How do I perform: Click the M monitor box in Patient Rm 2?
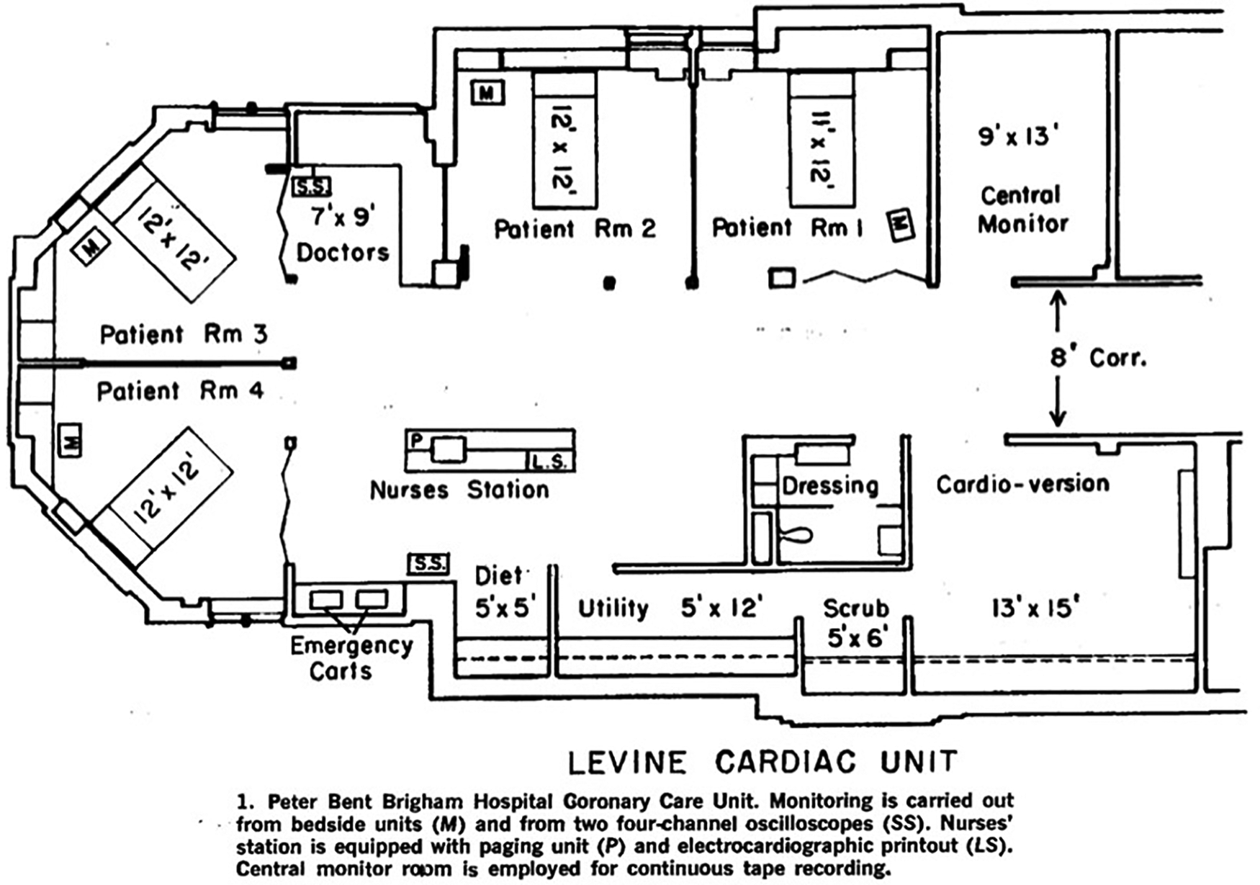click(x=487, y=93)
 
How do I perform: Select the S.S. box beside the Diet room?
click(x=429, y=564)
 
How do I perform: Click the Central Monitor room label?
click(x=1022, y=210)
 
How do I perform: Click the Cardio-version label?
click(x=1022, y=484)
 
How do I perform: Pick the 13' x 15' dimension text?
click(x=1035, y=608)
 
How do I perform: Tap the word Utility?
click(x=613, y=608)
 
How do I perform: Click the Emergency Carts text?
click(x=351, y=658)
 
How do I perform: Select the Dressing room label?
click(x=830, y=485)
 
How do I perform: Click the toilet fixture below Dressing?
click(x=796, y=535)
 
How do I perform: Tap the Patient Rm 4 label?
click(x=181, y=392)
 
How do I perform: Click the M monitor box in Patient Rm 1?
click(x=900, y=225)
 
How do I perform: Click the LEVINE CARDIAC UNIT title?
click(x=763, y=762)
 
